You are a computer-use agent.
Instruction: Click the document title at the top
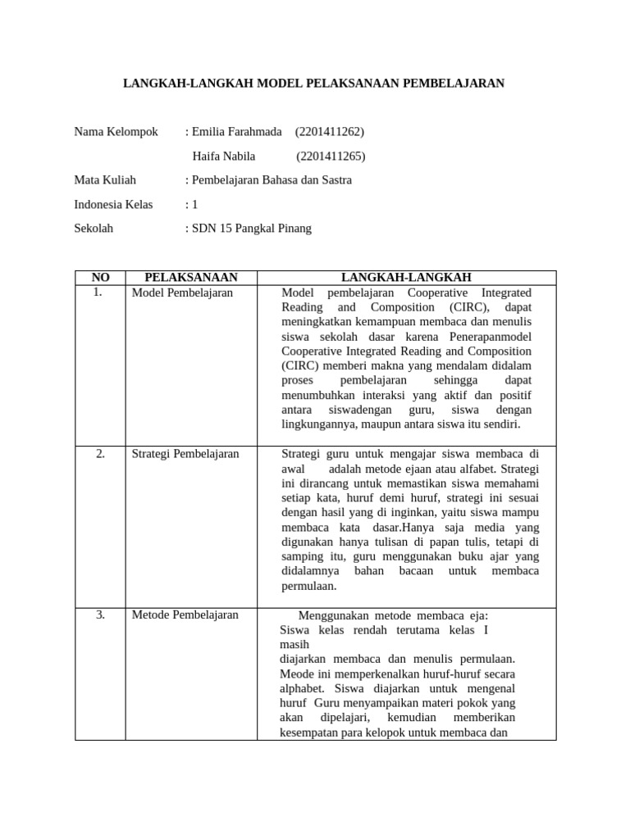point(313,84)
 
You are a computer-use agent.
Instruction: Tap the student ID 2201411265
point(331,156)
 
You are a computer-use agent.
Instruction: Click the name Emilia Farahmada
point(237,132)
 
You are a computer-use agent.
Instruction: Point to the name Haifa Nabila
point(224,156)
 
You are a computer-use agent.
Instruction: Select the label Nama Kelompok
point(116,132)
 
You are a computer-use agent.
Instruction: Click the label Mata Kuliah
point(105,180)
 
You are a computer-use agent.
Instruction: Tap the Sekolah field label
point(94,229)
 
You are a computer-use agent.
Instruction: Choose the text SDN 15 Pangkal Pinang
point(252,229)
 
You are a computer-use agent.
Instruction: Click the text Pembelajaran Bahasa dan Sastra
point(272,180)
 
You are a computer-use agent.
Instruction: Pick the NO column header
point(100,278)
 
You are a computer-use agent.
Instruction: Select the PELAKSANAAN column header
point(191,278)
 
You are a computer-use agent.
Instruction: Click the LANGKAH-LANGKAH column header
point(406,278)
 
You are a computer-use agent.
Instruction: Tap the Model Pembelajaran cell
point(182,293)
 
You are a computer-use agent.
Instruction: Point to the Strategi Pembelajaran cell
point(185,454)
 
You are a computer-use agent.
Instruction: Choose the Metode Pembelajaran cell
point(185,615)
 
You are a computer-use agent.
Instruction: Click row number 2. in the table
point(100,454)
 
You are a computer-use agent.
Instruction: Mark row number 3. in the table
point(100,615)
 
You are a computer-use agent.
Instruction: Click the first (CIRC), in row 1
point(466,307)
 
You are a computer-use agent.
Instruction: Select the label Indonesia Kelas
point(113,205)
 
